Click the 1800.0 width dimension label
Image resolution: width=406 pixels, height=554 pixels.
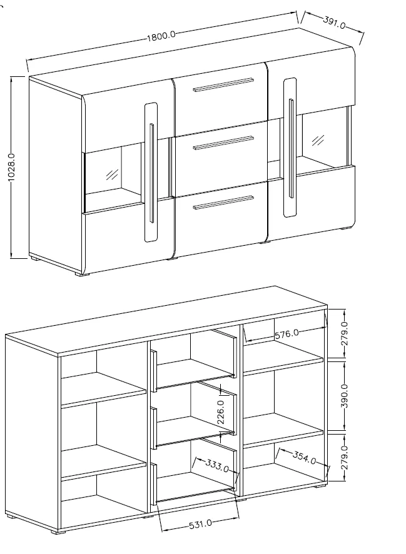pyautogui.click(x=161, y=36)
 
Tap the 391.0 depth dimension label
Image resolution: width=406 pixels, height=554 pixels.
pyautogui.click(x=334, y=23)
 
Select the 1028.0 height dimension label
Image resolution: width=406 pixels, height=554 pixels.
pyautogui.click(x=11, y=168)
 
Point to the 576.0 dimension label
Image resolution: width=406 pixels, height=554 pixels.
pyautogui.click(x=287, y=334)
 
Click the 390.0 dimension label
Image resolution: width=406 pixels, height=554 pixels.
pyautogui.click(x=345, y=396)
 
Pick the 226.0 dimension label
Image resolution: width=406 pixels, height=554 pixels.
pyautogui.click(x=220, y=412)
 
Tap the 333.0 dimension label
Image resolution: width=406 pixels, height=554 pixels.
pyautogui.click(x=217, y=465)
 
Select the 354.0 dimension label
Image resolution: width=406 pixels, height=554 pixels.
pyautogui.click(x=304, y=458)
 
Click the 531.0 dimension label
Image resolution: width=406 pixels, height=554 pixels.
pyautogui.click(x=200, y=524)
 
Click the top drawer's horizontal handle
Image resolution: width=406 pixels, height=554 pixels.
pyautogui.click(x=223, y=84)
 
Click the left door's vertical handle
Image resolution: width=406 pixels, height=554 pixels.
pyautogui.click(x=151, y=173)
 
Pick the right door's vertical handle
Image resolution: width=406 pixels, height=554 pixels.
pyautogui.click(x=291, y=148)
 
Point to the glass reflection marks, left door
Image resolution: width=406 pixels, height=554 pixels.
pyautogui.click(x=113, y=174)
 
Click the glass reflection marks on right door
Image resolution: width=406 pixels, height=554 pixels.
pyautogui.click(x=318, y=140)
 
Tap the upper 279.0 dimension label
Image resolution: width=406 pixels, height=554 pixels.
pyautogui.click(x=345, y=333)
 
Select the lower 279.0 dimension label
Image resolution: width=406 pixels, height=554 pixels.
pyautogui.click(x=345, y=457)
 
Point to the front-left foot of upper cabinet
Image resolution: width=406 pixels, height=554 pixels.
pyautogui.click(x=83, y=274)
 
